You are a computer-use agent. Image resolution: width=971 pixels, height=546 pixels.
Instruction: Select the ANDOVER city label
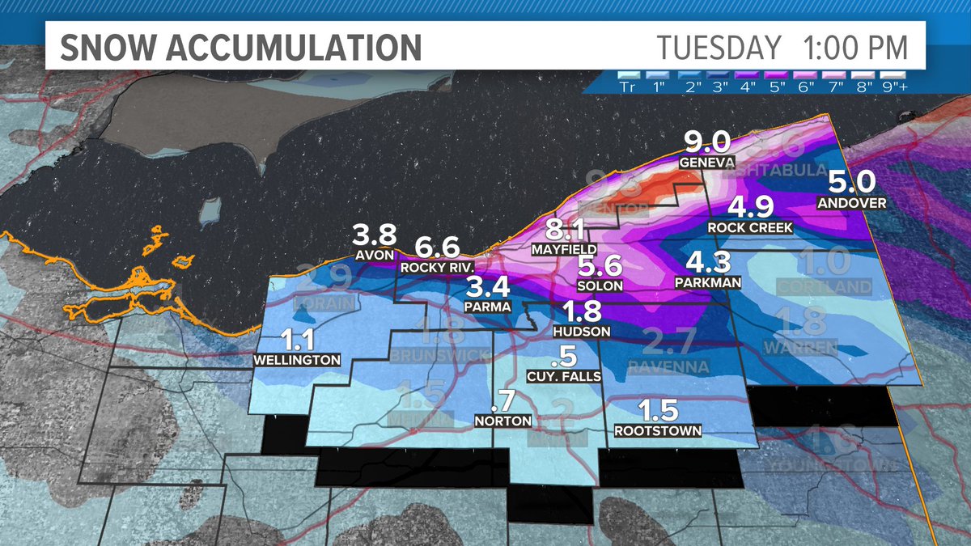(x=851, y=203)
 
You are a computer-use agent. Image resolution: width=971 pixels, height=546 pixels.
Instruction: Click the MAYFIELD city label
(x=564, y=250)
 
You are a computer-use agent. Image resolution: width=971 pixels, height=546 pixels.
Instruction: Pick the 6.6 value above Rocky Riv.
(x=437, y=248)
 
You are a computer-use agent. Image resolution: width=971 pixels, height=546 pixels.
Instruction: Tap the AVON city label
(x=374, y=256)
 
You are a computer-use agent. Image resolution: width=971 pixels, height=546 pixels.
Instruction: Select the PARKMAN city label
(x=707, y=283)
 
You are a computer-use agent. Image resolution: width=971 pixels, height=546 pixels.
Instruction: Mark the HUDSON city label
(x=576, y=332)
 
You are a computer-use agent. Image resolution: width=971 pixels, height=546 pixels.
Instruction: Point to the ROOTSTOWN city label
(x=657, y=430)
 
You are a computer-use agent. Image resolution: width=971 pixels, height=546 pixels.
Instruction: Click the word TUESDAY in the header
(x=719, y=47)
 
